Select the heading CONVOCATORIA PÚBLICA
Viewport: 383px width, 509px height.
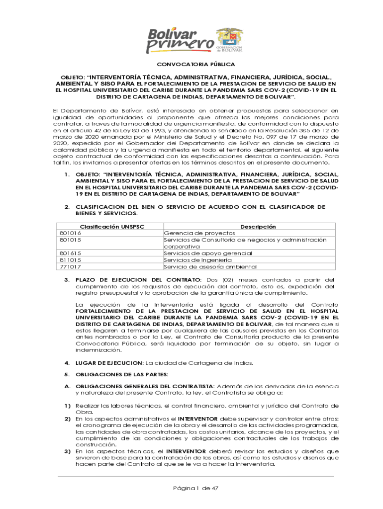[x=196, y=65]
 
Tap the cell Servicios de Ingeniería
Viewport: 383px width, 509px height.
[x=197, y=259]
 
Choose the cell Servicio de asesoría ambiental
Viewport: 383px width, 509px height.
[x=210, y=266]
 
